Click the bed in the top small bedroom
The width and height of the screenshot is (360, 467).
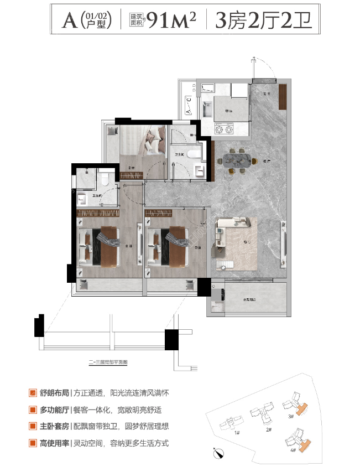pos(153,142)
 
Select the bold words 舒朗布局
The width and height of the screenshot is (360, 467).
pos(54,393)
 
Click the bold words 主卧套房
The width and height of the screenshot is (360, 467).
pos(54,427)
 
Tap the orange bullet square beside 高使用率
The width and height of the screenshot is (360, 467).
pos(34,444)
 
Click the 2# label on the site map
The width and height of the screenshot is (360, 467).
pos(268,429)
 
